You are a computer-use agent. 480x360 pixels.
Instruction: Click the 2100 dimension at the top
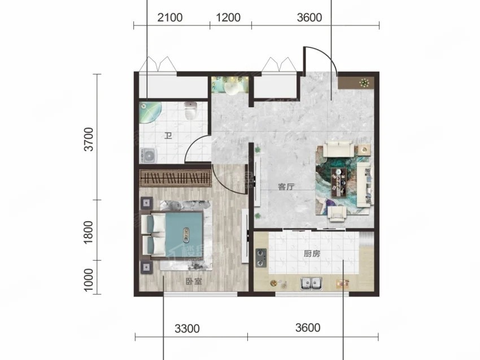coord(170,17)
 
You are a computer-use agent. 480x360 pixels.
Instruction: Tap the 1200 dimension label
coord(228,17)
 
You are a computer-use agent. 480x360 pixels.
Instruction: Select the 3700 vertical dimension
coord(89,139)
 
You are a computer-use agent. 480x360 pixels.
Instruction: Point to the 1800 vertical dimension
coord(88,232)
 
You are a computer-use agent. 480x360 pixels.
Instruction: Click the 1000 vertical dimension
coord(88,280)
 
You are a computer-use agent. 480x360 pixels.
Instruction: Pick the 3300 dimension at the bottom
coord(187,328)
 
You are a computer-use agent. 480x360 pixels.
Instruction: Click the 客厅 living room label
coord(286,187)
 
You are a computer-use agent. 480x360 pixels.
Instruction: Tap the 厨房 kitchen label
coord(312,253)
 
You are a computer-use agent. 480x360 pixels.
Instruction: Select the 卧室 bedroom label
coord(194,282)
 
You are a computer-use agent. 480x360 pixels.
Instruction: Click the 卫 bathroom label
coord(168,135)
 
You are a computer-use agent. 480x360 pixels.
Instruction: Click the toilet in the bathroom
coord(190,111)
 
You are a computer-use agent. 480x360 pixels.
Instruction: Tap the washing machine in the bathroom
coord(149,156)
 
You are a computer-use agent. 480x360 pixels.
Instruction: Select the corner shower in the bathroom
coord(150,112)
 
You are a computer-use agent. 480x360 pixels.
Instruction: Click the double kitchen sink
coord(311,283)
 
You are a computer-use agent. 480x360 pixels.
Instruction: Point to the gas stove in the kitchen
coord(261,257)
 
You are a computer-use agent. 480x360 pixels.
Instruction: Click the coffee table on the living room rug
coord(339,182)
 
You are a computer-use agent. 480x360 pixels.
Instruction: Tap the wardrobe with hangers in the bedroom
coord(176,178)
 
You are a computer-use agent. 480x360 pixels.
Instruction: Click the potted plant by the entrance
coord(364,82)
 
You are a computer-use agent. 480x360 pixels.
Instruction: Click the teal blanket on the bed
coord(184,234)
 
